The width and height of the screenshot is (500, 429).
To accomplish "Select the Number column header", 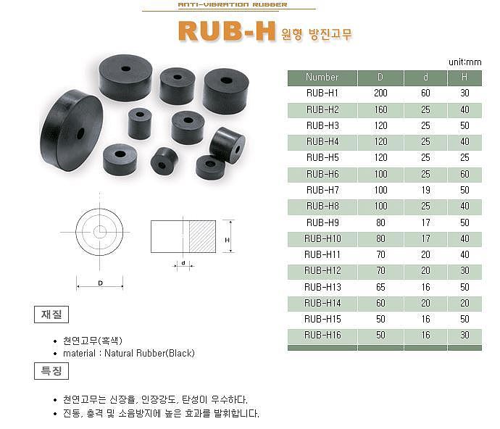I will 322,77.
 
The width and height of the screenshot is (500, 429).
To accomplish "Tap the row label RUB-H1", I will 322,93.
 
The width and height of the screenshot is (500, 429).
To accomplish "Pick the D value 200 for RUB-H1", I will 380,93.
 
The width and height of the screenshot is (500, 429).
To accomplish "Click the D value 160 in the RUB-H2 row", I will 380,109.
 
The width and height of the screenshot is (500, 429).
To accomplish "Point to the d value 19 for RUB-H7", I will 425,190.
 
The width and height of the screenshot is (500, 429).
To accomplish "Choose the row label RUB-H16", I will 322,335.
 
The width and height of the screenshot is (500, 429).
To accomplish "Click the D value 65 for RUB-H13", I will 380,287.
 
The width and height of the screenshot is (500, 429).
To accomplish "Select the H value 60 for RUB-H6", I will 464,174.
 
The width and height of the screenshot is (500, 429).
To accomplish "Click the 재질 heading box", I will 51,315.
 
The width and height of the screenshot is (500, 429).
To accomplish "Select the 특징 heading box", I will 51,372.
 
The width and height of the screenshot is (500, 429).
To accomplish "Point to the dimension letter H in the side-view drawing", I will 227,240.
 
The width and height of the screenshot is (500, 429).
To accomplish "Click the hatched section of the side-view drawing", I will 203,237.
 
